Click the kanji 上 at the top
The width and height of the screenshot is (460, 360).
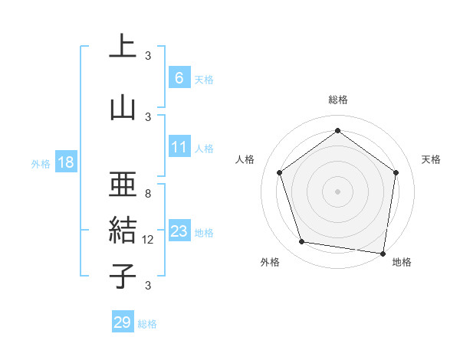pos(123,46)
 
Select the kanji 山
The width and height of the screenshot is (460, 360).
pos(123,106)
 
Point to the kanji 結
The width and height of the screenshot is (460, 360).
pos(123,231)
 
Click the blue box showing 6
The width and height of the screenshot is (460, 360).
pos(179,77)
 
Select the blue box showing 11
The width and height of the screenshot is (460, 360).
pos(179,146)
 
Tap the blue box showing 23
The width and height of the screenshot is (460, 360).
pos(179,231)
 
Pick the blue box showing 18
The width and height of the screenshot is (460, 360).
pos(65,162)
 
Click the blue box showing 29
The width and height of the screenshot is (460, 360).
pos(123,322)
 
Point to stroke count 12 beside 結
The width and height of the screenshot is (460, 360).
pos(149,240)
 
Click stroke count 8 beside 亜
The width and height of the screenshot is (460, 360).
pos(148,194)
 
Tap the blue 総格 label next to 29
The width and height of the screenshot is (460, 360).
pos(147,324)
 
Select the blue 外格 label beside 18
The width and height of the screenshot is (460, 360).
pos(41,163)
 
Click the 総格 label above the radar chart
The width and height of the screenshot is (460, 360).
pos(338,100)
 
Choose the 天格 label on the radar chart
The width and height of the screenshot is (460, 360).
pos(432,159)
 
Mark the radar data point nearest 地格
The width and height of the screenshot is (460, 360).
pos(383,253)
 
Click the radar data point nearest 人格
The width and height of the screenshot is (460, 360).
pos(280,172)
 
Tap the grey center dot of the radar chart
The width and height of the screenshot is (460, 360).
pos(338,191)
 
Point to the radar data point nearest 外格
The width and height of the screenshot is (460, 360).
pos(302,242)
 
